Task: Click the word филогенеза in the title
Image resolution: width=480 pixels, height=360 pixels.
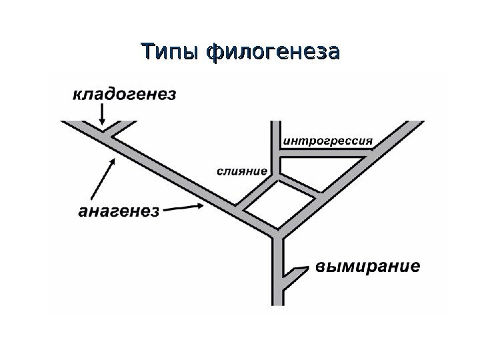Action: [x=273, y=51]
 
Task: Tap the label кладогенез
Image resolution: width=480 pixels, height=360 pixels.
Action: [x=125, y=94]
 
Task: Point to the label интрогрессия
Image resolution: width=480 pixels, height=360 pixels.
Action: [x=329, y=141]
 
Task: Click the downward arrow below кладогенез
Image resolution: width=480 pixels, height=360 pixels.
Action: [x=102, y=116]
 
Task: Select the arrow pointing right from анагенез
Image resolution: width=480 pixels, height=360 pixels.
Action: [x=184, y=208]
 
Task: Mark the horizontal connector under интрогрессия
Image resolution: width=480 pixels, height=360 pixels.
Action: [x=323, y=155]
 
